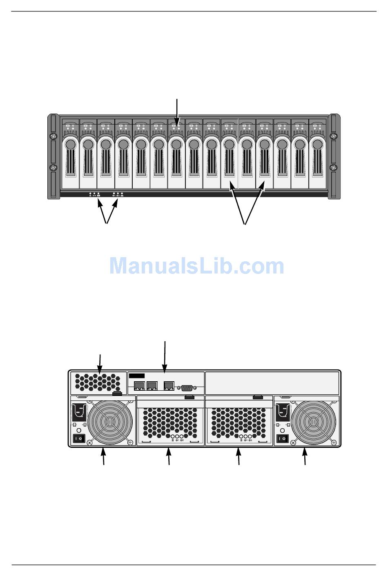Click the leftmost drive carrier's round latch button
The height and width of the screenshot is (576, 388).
pyautogui.click(x=70, y=145)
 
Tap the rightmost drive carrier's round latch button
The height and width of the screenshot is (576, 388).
pyautogui.click(x=318, y=145)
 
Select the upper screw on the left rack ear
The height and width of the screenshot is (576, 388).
pyautogui.click(x=53, y=136)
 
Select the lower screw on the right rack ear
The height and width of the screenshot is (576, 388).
pyautogui.click(x=334, y=168)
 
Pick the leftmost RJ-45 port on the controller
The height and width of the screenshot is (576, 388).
pyautogui.click(x=139, y=386)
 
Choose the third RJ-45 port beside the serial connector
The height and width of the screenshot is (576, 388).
pyautogui.click(x=169, y=386)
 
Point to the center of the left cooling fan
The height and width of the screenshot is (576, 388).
pyautogui.click(x=109, y=423)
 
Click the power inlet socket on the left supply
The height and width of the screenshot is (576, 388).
pyautogui.click(x=79, y=413)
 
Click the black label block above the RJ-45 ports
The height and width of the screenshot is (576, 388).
pyautogui.click(x=136, y=376)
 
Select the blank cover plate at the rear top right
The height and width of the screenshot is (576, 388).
pyautogui.click(x=272, y=383)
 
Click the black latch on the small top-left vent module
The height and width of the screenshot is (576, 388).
pyautogui.click(x=117, y=394)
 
